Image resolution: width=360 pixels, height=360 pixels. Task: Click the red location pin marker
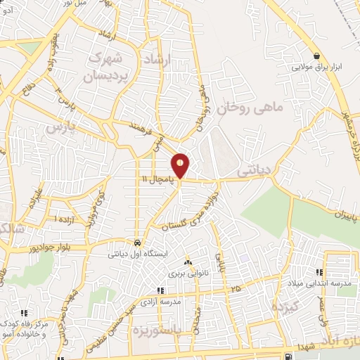pos(181,165)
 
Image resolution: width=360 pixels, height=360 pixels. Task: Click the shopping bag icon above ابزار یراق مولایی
pos(317,56)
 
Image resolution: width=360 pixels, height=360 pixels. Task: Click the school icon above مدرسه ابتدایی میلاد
pos(320,272)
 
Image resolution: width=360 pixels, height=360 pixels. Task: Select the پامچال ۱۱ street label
pos(154,180)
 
